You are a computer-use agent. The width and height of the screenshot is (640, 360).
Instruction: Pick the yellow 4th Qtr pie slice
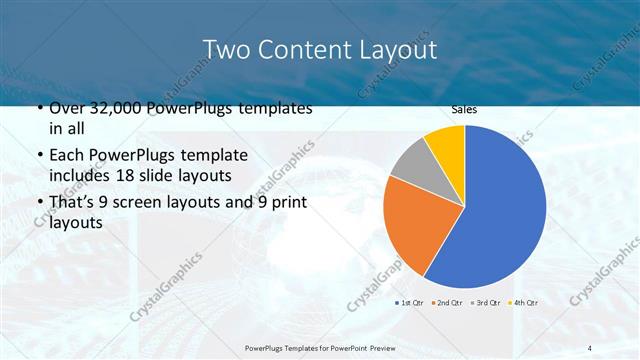[x=446, y=144]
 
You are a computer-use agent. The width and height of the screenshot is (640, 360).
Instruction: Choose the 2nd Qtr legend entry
[x=449, y=302]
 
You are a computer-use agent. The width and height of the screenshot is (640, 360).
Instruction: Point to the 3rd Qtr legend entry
[x=487, y=302]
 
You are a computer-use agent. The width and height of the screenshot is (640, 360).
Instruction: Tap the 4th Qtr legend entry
[x=524, y=302]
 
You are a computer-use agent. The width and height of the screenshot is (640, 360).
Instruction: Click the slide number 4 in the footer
[x=590, y=347]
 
